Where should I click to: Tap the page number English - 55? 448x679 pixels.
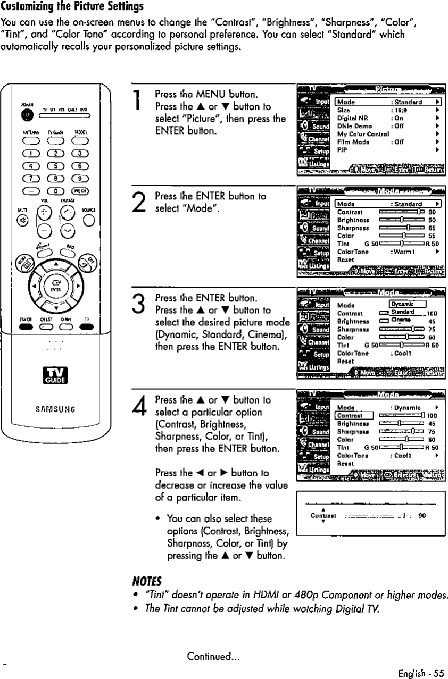pos(420,672)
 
